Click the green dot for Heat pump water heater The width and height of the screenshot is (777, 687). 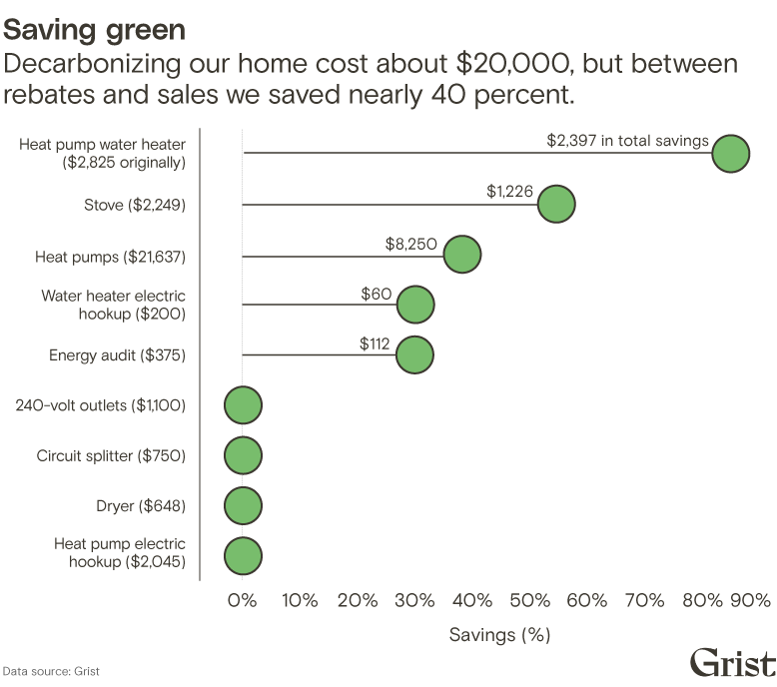[x=730, y=154]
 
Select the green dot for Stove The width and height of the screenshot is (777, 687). [x=555, y=204]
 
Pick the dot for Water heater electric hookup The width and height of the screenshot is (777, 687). [x=414, y=305]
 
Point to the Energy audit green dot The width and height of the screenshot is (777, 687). [x=414, y=354]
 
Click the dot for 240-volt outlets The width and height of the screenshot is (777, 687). [x=243, y=405]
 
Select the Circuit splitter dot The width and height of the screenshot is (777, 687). [x=243, y=455]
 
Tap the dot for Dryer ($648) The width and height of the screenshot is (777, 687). [x=243, y=505]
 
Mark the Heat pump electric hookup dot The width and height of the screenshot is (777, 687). [x=243, y=556]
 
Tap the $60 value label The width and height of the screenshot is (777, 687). [x=377, y=294]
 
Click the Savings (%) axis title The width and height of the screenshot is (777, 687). [x=499, y=634]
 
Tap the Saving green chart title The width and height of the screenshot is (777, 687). [x=94, y=30]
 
